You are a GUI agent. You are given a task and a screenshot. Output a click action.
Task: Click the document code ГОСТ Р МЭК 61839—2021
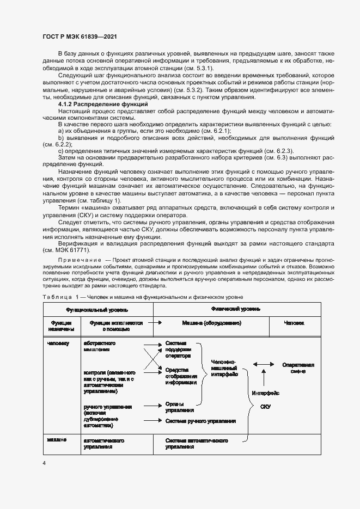pyautogui.click(x=80, y=36)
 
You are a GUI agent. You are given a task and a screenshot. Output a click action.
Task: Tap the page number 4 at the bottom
pyautogui.click(x=44, y=463)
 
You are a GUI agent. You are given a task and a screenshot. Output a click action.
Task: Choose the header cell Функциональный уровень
pyautogui.click(x=97, y=309)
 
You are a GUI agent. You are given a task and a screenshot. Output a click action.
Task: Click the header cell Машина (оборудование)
pyautogui.click(x=211, y=323)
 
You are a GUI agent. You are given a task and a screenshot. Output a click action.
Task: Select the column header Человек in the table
pyautogui.click(x=294, y=323)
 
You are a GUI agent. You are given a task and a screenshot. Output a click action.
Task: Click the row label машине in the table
pyautogui.click(x=57, y=439)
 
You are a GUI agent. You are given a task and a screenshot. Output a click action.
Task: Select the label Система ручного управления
pyautogui.click(x=200, y=421)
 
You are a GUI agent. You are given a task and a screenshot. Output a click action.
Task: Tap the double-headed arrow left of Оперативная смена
pyautogui.click(x=264, y=365)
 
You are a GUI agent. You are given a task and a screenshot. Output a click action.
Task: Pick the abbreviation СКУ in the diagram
pyautogui.click(x=265, y=407)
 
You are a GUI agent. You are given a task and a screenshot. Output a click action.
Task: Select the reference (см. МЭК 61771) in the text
pyautogui.click(x=67, y=250)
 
